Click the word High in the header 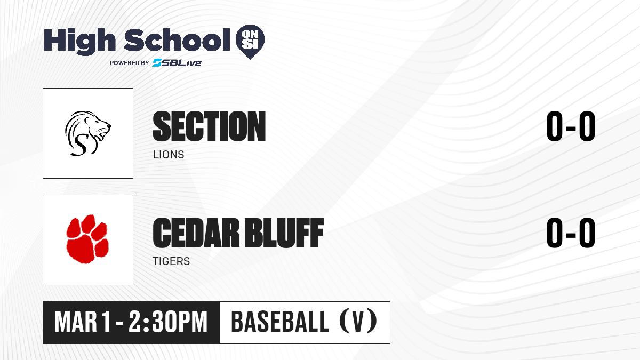pos(79,41)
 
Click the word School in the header pos(177,40)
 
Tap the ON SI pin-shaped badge pos(250,42)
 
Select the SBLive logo pos(177,62)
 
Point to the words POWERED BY pos(130,63)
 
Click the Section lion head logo pos(87,133)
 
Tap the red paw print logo pos(87,239)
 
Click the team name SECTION pos(209,126)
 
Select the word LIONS pos(169,155)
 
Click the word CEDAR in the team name pos(196,233)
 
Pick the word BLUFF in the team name pos(285,233)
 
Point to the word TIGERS pos(171,261)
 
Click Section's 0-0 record pos(571,126)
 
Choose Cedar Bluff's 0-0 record pos(571,233)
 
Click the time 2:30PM pos(168,322)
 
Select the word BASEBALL pos(279,322)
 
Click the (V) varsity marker pos(358,321)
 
